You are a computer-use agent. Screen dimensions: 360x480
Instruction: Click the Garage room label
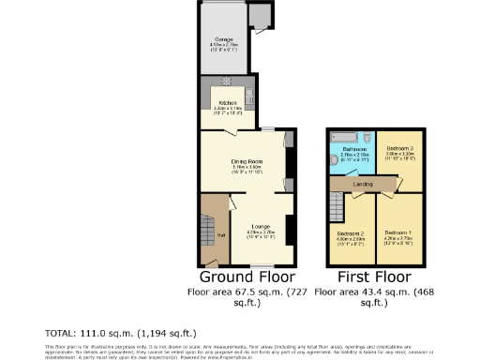coord(224,39)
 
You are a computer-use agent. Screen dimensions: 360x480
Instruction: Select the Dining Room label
coord(246,161)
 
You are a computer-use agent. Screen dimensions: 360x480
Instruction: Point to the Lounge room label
coord(260,226)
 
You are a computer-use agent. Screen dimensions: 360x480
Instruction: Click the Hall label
coord(221,234)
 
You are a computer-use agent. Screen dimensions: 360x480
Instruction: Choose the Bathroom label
coord(353,148)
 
